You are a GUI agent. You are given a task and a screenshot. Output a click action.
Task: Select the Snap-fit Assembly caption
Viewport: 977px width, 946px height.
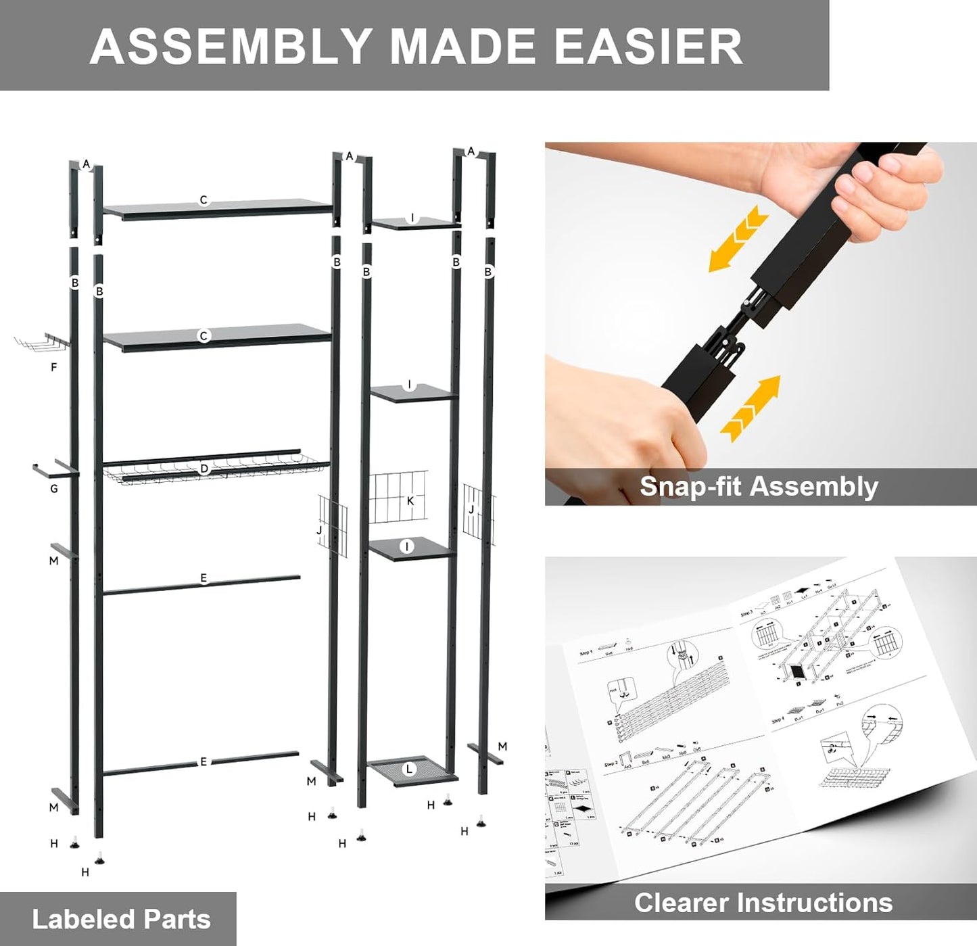point(759,486)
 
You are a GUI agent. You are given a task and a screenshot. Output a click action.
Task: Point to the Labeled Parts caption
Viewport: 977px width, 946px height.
point(121,919)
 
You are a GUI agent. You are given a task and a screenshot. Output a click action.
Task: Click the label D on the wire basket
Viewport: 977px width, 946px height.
point(204,469)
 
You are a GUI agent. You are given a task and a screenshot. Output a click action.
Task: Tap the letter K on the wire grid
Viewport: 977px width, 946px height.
point(410,501)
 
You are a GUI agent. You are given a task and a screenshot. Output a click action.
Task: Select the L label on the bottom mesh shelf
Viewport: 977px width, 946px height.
point(408,769)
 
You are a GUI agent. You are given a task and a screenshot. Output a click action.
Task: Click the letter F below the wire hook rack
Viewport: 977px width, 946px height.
point(54,367)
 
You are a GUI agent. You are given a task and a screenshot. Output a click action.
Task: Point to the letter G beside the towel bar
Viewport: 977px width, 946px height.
point(54,488)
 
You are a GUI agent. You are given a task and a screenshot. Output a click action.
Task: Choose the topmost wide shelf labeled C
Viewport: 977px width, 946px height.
point(216,208)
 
